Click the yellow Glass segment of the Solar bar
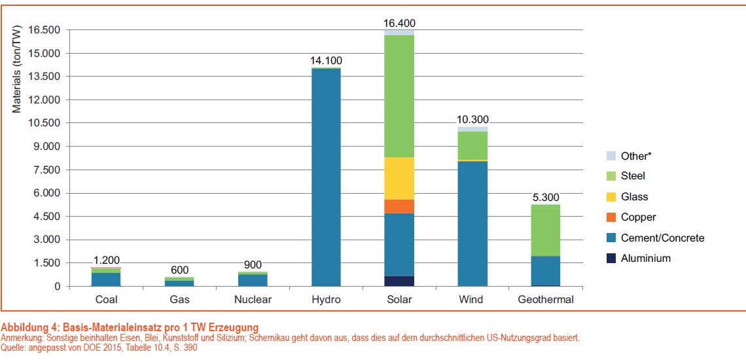pos(399,178)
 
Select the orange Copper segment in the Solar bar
pos(399,206)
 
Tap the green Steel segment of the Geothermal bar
pos(546,230)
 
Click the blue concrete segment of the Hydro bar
pos(326,177)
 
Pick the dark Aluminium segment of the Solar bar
pos(399,281)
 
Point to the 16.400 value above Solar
pos(399,24)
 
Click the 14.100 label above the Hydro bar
pos(326,61)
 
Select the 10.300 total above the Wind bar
pos(472,120)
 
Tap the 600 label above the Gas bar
pos(179,270)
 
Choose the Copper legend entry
pos(638,217)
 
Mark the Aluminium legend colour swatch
pos(610,259)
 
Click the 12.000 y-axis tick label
pos(44,100)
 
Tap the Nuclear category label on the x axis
pos(253,300)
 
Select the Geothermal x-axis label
pos(546,300)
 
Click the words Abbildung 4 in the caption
pos(29,327)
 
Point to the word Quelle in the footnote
pos(14,348)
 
